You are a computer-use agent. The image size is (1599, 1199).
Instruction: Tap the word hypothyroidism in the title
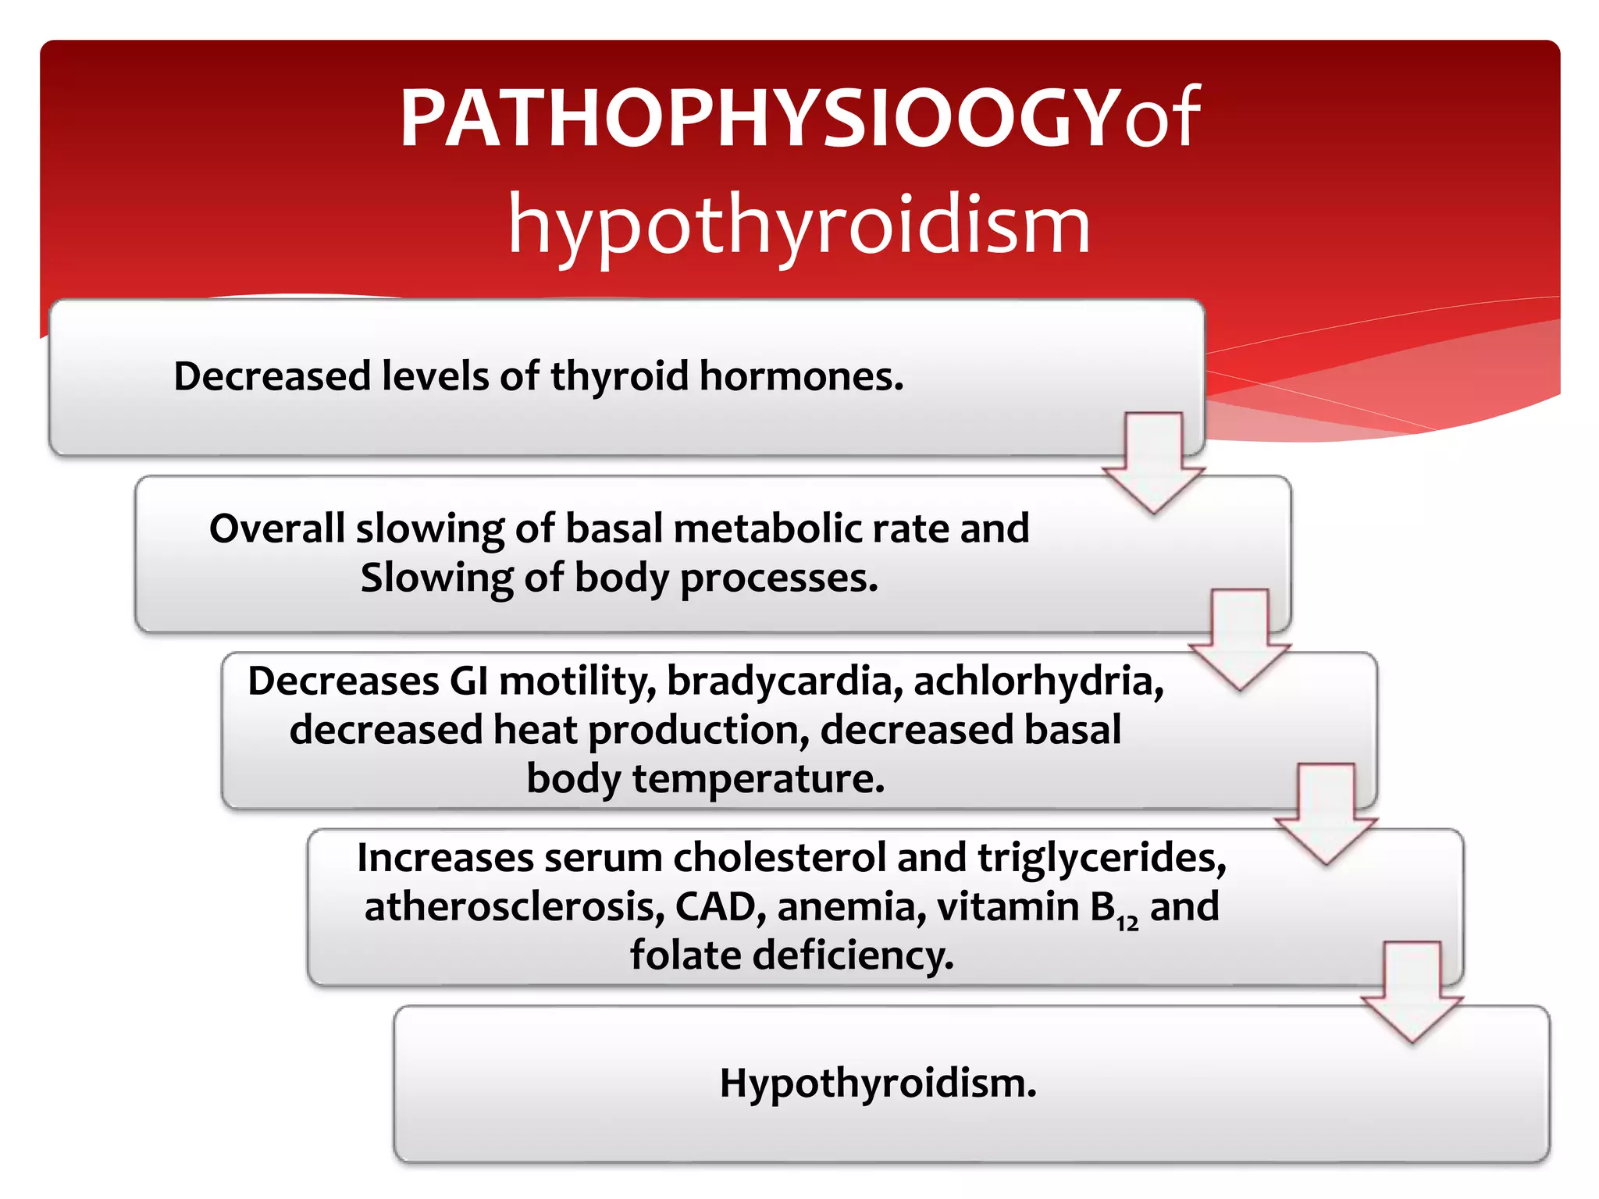point(799,226)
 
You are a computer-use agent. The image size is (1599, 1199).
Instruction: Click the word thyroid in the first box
point(619,376)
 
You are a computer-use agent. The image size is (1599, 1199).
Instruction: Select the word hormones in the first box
point(801,376)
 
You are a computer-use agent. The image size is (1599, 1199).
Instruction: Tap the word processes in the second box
point(778,578)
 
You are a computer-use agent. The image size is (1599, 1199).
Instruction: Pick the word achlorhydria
point(1038,681)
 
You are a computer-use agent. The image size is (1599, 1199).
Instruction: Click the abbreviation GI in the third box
point(468,681)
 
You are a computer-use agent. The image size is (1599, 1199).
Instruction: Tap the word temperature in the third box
point(758,779)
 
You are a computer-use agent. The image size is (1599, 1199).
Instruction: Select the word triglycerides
point(1102,858)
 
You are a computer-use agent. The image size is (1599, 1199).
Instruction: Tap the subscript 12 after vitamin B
point(1127,923)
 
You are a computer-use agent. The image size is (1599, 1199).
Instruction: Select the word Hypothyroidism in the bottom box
point(878,1083)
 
